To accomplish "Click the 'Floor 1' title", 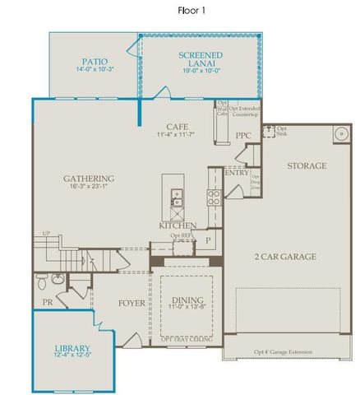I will (192, 11).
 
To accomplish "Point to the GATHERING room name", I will (89, 179).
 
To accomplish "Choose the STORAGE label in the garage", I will (306, 165).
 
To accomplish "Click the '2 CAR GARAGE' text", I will (284, 257).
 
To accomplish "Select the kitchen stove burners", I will (214, 197).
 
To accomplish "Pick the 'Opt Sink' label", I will (281, 132).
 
